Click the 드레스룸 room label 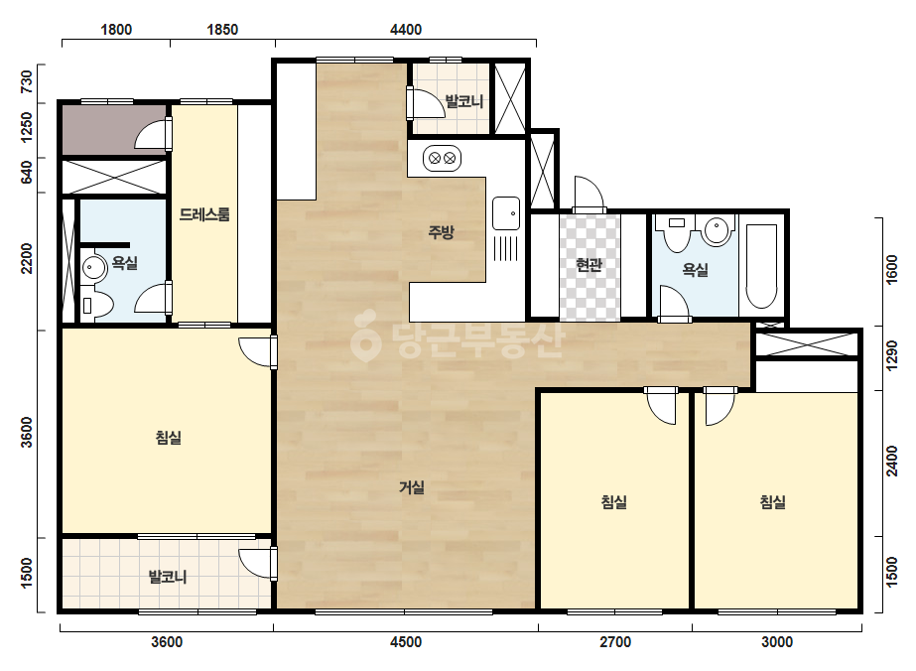click(x=204, y=214)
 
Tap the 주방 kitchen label click(x=441, y=232)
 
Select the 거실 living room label click(x=412, y=487)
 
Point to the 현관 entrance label click(x=589, y=265)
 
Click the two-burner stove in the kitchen click(x=443, y=159)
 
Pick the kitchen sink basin click(x=506, y=213)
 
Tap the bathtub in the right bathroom click(x=761, y=266)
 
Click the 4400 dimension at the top click(x=406, y=29)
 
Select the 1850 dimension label click(x=222, y=29)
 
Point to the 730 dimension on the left click(x=27, y=82)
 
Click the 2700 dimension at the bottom click(x=615, y=642)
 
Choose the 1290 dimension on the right click(x=891, y=356)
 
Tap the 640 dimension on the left click(x=27, y=172)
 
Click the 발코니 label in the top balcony click(x=464, y=101)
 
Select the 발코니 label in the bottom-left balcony click(x=168, y=577)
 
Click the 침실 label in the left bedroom click(x=169, y=437)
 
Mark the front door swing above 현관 click(x=588, y=194)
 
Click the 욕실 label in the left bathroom click(x=125, y=263)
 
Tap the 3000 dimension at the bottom click(x=777, y=642)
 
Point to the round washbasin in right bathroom click(x=717, y=229)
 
